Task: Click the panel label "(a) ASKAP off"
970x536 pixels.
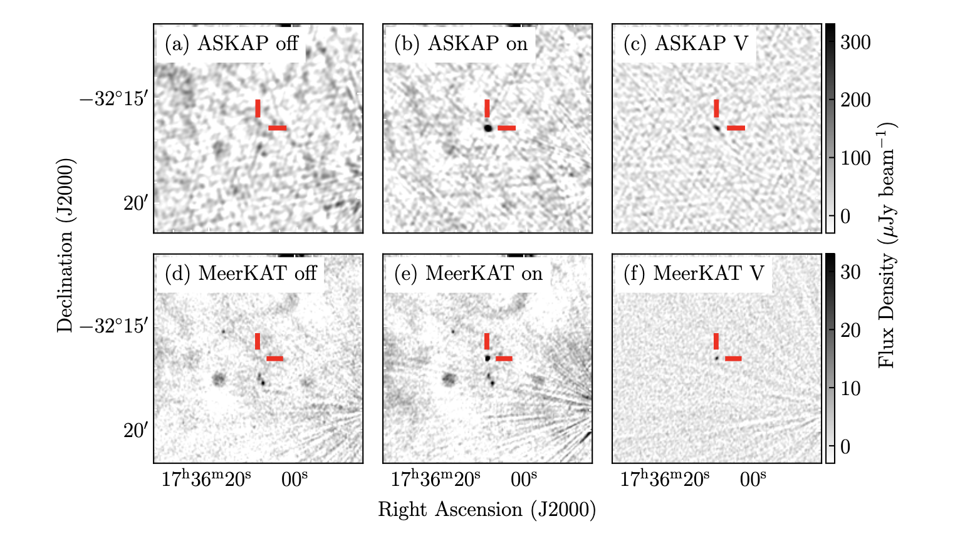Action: (231, 44)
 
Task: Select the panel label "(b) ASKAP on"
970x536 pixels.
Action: (461, 44)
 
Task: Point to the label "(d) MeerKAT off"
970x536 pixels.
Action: (241, 274)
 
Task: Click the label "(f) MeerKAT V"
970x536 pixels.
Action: (694, 274)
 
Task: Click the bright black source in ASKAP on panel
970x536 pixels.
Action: (488, 128)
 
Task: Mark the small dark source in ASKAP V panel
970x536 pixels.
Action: (716, 127)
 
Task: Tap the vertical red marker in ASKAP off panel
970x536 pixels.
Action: (258, 108)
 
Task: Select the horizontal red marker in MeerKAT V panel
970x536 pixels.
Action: (733, 358)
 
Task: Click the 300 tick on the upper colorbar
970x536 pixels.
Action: (855, 43)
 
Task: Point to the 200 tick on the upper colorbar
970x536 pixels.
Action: (855, 100)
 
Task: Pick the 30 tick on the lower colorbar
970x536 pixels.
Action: (850, 272)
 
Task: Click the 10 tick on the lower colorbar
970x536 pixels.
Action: (850, 389)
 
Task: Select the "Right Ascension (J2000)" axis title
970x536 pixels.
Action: (487, 510)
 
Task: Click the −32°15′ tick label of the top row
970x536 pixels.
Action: (113, 100)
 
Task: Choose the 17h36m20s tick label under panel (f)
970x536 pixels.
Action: (665, 480)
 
